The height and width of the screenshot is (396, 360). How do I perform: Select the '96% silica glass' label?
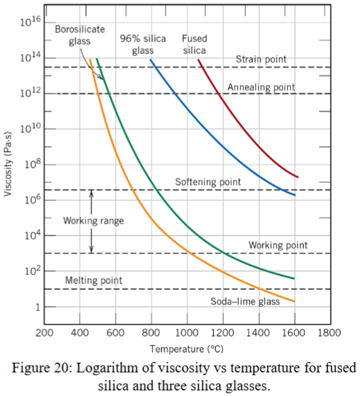coord(143,44)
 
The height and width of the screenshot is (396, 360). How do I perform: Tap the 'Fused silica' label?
coord(194,44)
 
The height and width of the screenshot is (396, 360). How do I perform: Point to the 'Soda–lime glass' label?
coord(245,302)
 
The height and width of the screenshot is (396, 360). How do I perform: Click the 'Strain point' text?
coord(261,60)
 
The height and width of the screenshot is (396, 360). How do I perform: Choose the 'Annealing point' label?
coord(261,87)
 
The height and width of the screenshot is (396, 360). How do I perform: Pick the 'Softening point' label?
coord(208,182)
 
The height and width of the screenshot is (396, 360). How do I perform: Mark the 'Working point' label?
coord(278,245)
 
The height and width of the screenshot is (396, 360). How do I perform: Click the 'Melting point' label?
coord(93,280)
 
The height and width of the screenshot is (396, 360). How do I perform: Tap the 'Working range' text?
coord(93,221)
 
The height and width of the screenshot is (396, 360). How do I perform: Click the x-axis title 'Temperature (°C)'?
coord(186,348)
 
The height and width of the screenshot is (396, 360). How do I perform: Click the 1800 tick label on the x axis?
coord(330,333)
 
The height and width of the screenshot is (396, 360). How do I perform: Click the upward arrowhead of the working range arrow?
coord(92,193)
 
